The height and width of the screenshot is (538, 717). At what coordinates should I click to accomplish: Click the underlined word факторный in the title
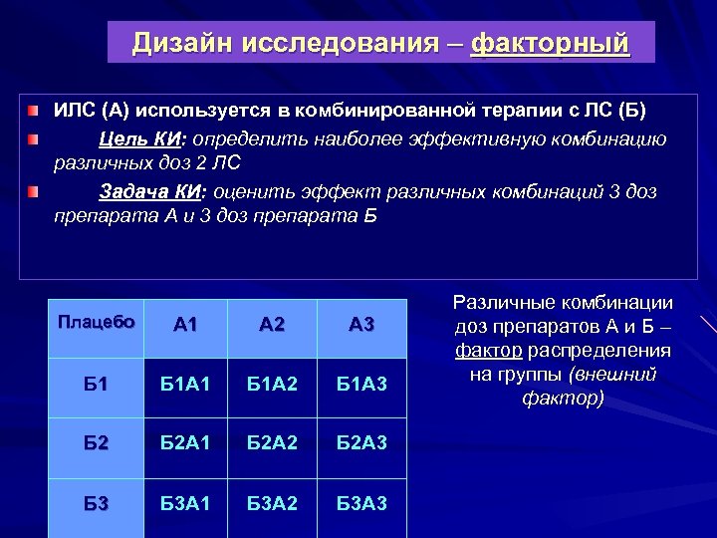pos(550,43)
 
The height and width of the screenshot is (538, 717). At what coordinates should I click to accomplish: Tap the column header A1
pos(186,324)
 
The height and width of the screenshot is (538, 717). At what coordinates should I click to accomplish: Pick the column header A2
pos(272,324)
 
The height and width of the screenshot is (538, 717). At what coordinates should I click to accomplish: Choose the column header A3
pos(362,324)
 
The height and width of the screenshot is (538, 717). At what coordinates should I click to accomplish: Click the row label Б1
pos(96,385)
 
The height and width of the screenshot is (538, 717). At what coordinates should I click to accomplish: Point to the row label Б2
pos(96,442)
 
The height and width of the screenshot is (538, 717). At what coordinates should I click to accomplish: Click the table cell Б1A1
pos(186,385)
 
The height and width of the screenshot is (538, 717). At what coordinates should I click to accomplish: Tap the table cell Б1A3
pos(362,385)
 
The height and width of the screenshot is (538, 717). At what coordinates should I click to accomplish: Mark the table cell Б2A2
pos(272,442)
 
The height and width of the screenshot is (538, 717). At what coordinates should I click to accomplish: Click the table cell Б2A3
pos(362,442)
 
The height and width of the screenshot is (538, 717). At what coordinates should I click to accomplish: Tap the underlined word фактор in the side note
pos(488,351)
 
